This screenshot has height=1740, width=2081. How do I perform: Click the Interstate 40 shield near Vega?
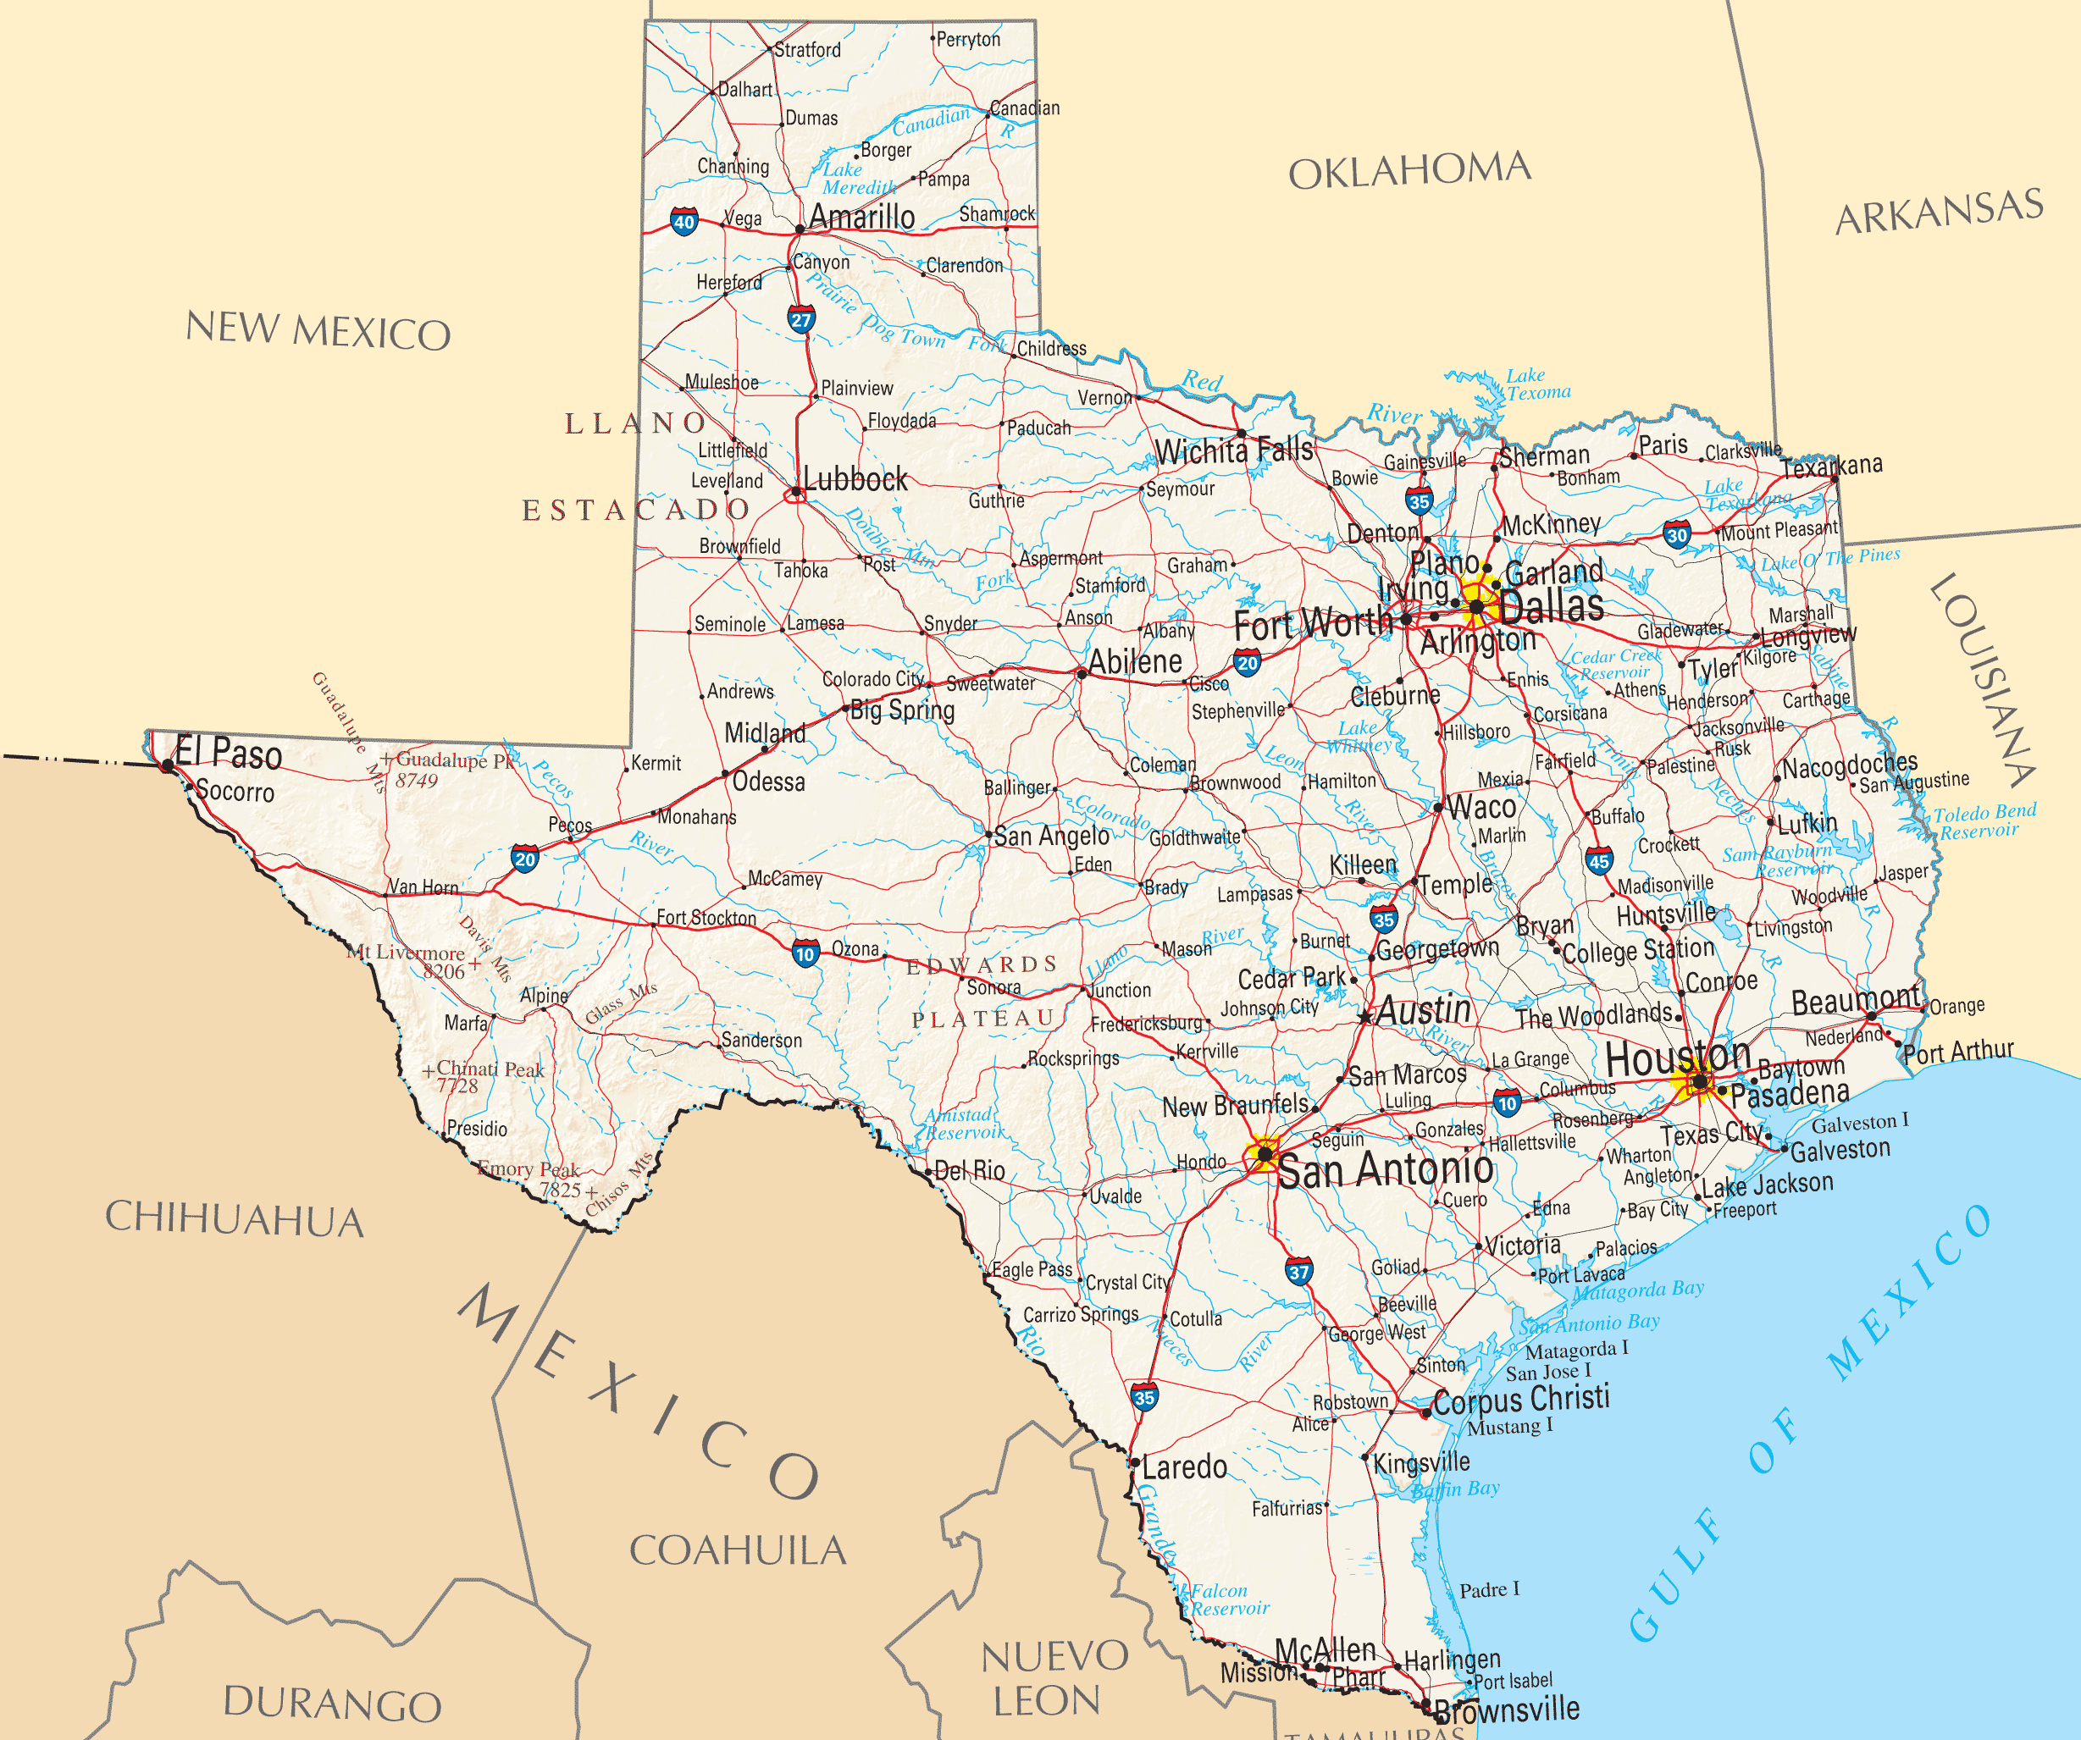click(684, 221)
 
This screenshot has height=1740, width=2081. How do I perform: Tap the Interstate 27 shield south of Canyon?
click(800, 319)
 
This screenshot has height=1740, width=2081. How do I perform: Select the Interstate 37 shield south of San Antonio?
click(1299, 1271)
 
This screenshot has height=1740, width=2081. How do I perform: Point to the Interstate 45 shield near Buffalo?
click(1598, 860)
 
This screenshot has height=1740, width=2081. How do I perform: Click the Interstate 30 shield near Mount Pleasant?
click(1677, 535)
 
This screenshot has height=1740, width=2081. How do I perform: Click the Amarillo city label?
click(861, 216)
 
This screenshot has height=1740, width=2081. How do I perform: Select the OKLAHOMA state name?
click(1409, 170)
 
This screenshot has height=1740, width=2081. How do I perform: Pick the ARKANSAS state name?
click(1940, 211)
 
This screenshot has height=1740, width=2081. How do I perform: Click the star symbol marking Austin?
click(1365, 1017)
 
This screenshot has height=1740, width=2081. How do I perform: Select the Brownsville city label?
click(1506, 1710)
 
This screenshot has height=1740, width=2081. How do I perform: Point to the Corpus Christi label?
click(1520, 1398)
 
